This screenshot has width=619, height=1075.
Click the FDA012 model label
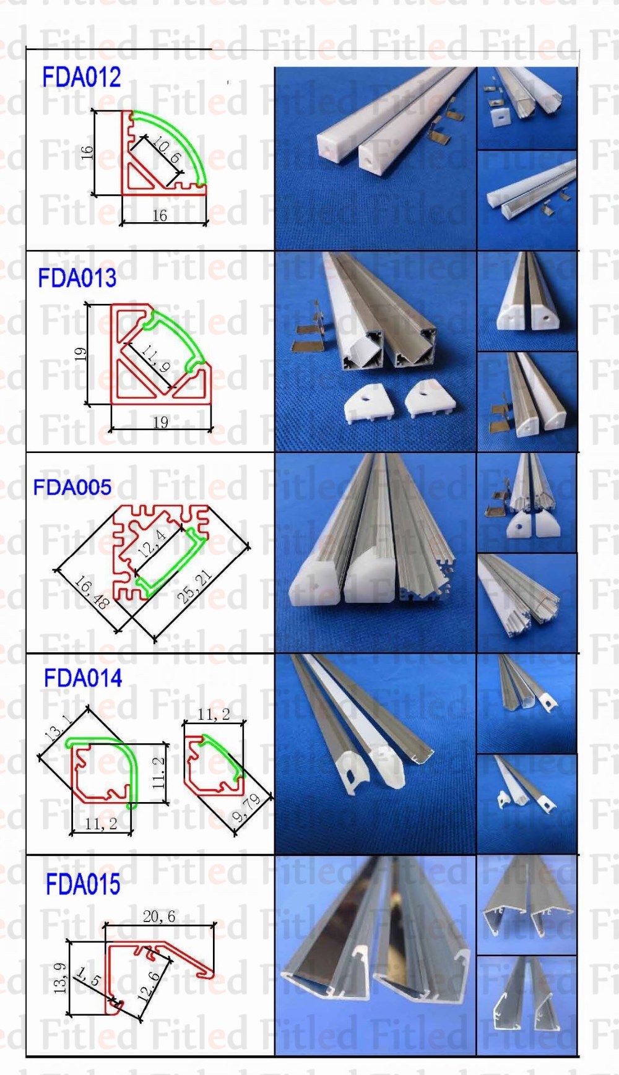81,78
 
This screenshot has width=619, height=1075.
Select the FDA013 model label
77,278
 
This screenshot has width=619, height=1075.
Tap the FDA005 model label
72,488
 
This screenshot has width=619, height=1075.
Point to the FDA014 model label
83,679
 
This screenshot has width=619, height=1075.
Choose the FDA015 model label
83,884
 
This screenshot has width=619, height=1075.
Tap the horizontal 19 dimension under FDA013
160,422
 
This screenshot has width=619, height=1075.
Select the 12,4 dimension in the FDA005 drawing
152,543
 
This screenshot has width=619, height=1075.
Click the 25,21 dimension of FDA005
194,587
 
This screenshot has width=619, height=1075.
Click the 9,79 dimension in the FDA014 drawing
246,808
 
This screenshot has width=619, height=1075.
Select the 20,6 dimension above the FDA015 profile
158,917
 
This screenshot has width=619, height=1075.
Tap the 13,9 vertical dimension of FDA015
60,978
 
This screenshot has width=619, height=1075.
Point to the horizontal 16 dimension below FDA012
160,215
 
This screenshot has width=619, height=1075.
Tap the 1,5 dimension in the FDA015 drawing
88,977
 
